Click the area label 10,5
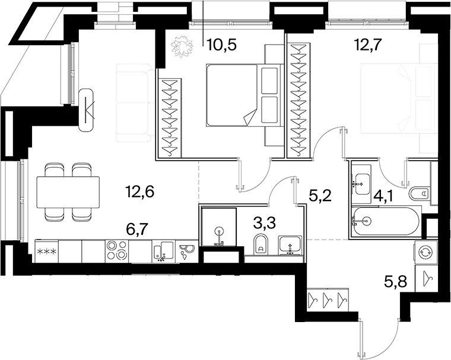coord(223,45)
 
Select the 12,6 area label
coord(140,192)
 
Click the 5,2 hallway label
coord(320,196)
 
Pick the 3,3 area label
coord(265,222)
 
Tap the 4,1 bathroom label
coord(384,197)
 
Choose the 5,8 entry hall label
coord(395,282)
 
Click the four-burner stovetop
coord(117,251)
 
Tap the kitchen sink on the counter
coord(163,251)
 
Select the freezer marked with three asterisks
coord(47,251)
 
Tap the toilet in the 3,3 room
coord(261,244)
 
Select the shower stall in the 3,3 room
coord(219,227)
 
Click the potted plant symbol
coord(182,46)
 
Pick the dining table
coord(68,192)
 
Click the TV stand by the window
coord(87,110)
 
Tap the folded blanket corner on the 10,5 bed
coord(250,117)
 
